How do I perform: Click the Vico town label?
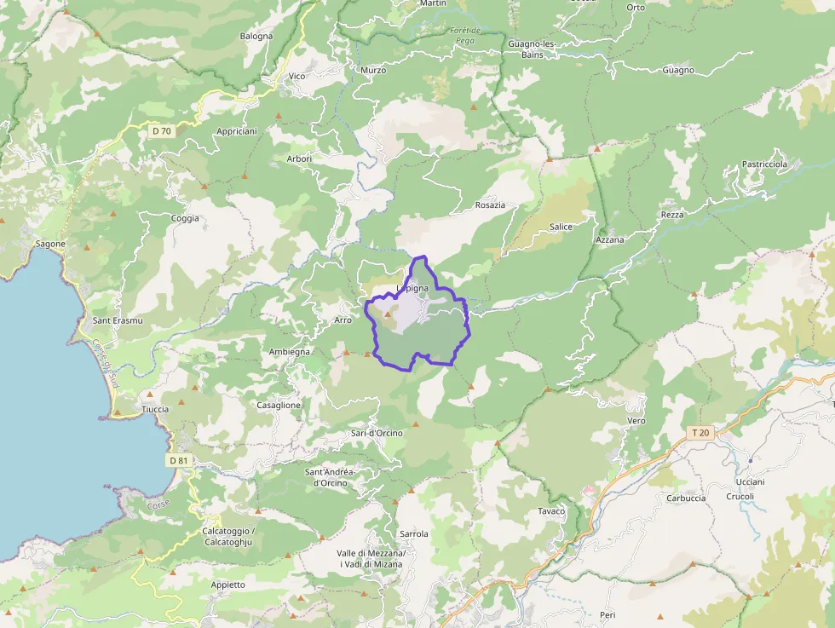click(x=297, y=77)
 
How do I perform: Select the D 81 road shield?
click(x=178, y=461)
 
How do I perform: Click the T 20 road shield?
click(x=700, y=433)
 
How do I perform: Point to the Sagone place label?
click(x=50, y=244)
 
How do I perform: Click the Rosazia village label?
click(x=490, y=205)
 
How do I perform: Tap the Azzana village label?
click(x=610, y=239)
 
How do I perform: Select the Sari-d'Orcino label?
click(x=377, y=433)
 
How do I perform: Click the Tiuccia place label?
click(x=155, y=409)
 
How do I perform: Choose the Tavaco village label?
click(x=551, y=511)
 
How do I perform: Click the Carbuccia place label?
click(x=686, y=498)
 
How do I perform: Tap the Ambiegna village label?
click(x=290, y=351)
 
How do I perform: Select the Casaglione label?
click(x=279, y=405)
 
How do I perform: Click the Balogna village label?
click(x=256, y=37)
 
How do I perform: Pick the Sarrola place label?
click(x=413, y=534)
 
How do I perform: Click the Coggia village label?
click(x=185, y=218)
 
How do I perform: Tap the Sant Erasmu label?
click(x=118, y=320)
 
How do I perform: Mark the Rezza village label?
click(x=672, y=215)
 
